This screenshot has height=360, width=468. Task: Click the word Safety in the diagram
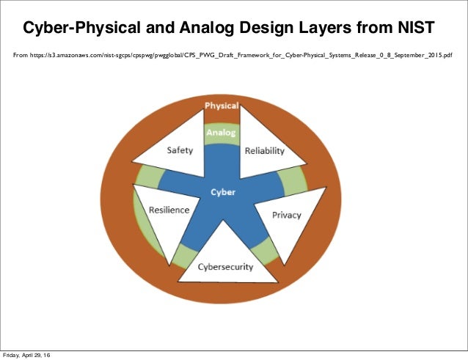180,150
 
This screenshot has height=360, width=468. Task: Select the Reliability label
265,150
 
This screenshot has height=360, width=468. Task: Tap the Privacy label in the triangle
286,215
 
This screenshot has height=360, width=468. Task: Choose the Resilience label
169,210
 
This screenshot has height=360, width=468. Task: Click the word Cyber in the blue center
223,192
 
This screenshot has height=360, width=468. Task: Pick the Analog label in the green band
221,133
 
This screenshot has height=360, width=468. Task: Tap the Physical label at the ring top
221,106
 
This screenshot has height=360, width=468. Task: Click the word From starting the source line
22,55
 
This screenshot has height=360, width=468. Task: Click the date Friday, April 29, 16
27,355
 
